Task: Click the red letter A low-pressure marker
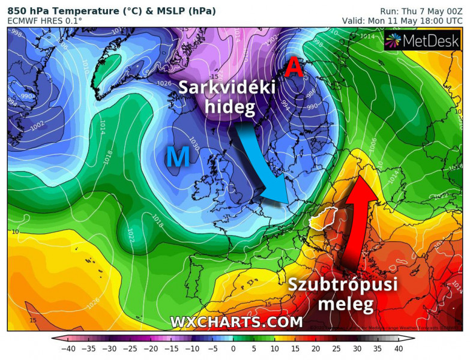pyautogui.click(x=293, y=68)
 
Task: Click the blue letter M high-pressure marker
pyautogui.click(x=178, y=157)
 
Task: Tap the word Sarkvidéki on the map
pyautogui.click(x=227, y=88)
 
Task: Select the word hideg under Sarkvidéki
pyautogui.click(x=230, y=108)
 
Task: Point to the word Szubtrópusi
pyautogui.click(x=343, y=284)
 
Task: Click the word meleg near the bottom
pyautogui.click(x=345, y=304)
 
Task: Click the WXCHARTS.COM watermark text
pyautogui.click(x=237, y=322)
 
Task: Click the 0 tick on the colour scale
pyautogui.click(x=233, y=348)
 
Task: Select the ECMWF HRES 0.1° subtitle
pyautogui.click(x=45, y=21)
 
